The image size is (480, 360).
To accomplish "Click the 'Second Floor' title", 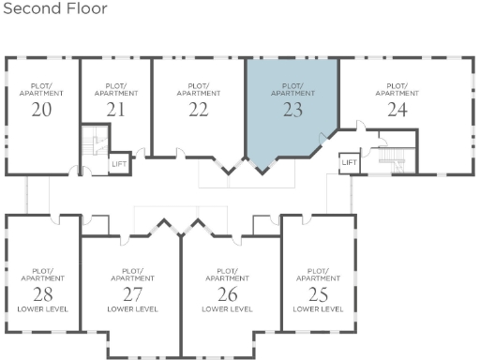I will click(53, 9).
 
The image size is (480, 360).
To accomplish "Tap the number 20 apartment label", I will click(41, 109).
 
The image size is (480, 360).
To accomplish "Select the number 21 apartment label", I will click(115, 109).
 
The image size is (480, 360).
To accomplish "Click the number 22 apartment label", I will click(198, 109).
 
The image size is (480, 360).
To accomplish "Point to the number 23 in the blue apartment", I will click(292, 109).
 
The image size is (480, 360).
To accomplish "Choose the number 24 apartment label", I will click(397, 109).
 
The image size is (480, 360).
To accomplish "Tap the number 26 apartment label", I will click(227, 292).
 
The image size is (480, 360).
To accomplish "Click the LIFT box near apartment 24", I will click(349, 162).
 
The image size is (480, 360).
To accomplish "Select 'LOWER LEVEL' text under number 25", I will click(318, 308).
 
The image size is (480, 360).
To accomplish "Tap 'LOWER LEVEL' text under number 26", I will click(227, 308).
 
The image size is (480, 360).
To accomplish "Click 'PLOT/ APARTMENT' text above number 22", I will click(198, 90).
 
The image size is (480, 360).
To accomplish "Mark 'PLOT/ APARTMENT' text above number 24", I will click(397, 90).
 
